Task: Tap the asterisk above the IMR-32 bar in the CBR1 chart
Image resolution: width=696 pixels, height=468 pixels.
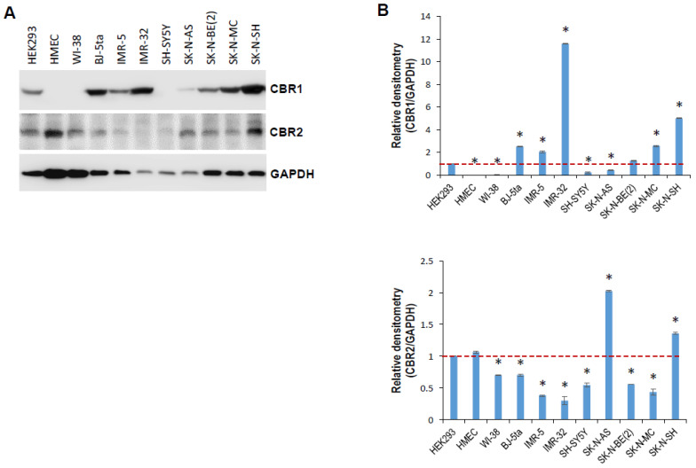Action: click(565, 31)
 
